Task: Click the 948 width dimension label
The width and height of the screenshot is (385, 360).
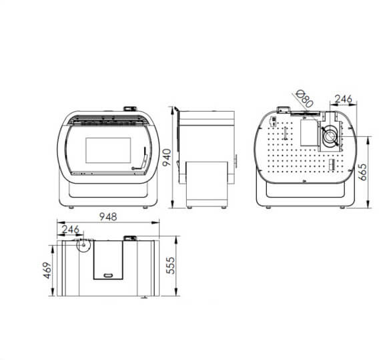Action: tap(108, 216)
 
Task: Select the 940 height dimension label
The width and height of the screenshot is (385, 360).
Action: tap(167, 158)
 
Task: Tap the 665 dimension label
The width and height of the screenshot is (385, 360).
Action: tap(364, 172)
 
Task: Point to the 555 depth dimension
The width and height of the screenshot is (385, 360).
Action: tap(171, 265)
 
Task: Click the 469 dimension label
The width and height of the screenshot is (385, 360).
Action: tap(47, 271)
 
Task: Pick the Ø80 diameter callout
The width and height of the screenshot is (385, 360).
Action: tap(304, 99)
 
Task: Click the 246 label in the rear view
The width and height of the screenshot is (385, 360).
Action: tap(343, 99)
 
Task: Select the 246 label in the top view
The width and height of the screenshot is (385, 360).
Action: tap(71, 230)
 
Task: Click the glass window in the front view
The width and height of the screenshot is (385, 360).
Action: tap(108, 150)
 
